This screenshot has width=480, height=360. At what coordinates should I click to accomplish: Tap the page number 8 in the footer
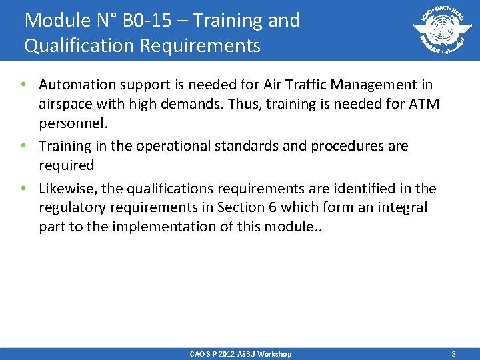point(453,354)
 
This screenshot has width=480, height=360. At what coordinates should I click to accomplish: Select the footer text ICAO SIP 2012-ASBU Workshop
point(239,354)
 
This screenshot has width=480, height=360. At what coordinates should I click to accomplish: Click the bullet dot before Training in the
point(23,146)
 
